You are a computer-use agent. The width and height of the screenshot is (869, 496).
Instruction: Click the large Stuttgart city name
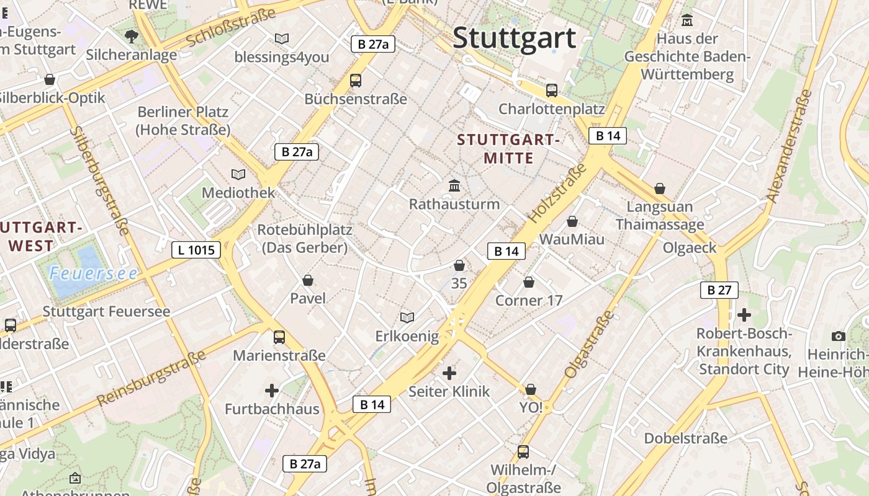(515, 38)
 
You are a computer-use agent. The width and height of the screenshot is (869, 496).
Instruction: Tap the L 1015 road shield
(196, 250)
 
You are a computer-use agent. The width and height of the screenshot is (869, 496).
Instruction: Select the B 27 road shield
(719, 290)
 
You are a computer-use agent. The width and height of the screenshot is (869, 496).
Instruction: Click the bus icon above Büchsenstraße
(356, 80)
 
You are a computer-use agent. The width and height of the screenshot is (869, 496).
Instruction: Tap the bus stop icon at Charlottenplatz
(552, 90)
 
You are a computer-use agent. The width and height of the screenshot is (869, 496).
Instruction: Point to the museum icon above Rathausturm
(454, 185)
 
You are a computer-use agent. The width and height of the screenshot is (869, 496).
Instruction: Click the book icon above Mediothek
(238, 174)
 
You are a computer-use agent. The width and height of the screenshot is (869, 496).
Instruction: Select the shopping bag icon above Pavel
(308, 280)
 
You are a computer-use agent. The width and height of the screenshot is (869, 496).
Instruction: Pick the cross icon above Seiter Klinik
(449, 373)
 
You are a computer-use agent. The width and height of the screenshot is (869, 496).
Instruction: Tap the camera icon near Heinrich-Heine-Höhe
(839, 336)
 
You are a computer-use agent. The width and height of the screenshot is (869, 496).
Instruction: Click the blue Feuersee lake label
(93, 273)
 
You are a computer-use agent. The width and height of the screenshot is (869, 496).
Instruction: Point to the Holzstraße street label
(557, 193)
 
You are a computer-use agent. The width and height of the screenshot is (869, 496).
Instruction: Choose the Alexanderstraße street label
(789, 147)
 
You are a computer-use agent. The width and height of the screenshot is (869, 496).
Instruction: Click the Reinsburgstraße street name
(151, 378)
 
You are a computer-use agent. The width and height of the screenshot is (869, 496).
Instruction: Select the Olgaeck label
(690, 248)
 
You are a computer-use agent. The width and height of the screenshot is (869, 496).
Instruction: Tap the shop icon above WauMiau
(572, 221)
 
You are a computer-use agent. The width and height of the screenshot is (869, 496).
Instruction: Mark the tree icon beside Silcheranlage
(131, 37)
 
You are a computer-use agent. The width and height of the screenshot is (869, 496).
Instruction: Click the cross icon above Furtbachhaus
(271, 391)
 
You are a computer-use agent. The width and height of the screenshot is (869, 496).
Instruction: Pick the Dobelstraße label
(685, 438)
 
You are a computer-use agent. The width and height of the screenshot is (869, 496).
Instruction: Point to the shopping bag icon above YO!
(531, 389)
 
